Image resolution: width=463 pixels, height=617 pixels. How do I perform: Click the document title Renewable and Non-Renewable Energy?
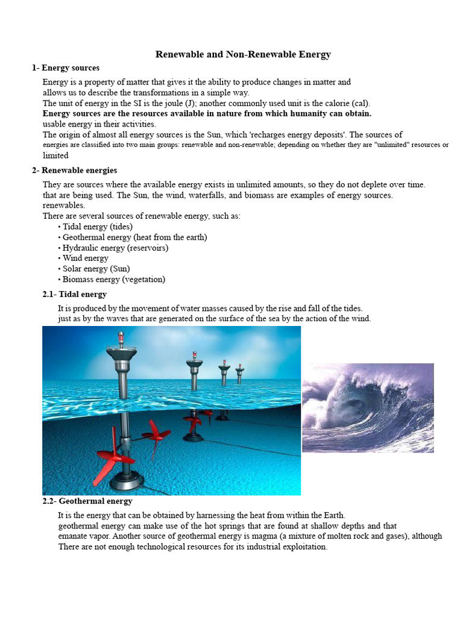[x=243, y=54]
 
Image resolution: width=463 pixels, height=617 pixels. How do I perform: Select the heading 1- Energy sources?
[x=66, y=68]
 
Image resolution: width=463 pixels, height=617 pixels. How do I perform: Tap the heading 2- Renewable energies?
[x=75, y=171]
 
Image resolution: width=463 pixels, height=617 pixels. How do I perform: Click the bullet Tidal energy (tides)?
[x=95, y=227]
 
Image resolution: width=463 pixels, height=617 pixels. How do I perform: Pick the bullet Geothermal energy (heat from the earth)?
[x=133, y=237]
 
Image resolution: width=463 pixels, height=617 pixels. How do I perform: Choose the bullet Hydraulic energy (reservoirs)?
[x=113, y=248]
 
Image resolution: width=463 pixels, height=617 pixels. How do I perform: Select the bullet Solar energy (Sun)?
[x=94, y=269]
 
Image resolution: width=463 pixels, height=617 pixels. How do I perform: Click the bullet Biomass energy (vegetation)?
[x=112, y=280]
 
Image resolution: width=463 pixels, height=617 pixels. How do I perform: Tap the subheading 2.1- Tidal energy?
[x=74, y=294]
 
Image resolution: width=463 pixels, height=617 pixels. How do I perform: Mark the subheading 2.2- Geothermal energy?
[x=87, y=501]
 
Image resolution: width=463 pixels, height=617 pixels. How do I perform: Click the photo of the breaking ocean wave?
[x=368, y=408]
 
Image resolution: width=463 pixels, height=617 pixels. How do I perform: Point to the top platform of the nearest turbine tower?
[x=121, y=351]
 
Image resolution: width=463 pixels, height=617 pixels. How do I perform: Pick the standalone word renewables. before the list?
[x=63, y=205]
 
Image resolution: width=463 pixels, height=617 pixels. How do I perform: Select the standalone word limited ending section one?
[x=55, y=155]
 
